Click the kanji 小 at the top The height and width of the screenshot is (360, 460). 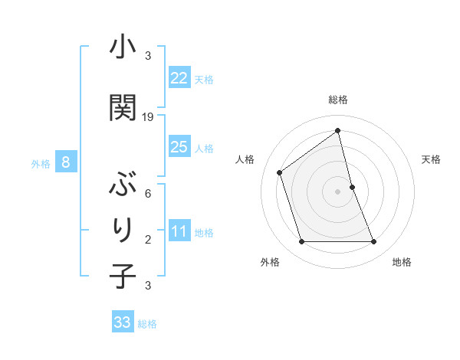123,47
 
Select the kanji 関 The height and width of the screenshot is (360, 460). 123,107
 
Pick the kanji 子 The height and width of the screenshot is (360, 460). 123,276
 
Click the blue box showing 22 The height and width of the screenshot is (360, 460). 179,78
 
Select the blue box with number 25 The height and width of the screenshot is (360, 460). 179,147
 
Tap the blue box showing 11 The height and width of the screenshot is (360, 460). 179,231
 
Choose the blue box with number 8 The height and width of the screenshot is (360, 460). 66,162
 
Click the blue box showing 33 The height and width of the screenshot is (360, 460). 123,322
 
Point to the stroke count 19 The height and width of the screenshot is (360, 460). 149,117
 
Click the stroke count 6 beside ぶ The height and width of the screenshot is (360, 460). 148,195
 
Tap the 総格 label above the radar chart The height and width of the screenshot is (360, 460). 338,100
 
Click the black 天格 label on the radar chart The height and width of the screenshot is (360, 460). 431,159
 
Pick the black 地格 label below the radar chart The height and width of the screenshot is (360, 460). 402,262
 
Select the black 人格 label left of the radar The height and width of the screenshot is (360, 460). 245,159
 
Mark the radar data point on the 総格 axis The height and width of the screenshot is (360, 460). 338,131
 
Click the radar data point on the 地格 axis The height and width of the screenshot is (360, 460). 374,242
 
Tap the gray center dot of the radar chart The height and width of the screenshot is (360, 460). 338,191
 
